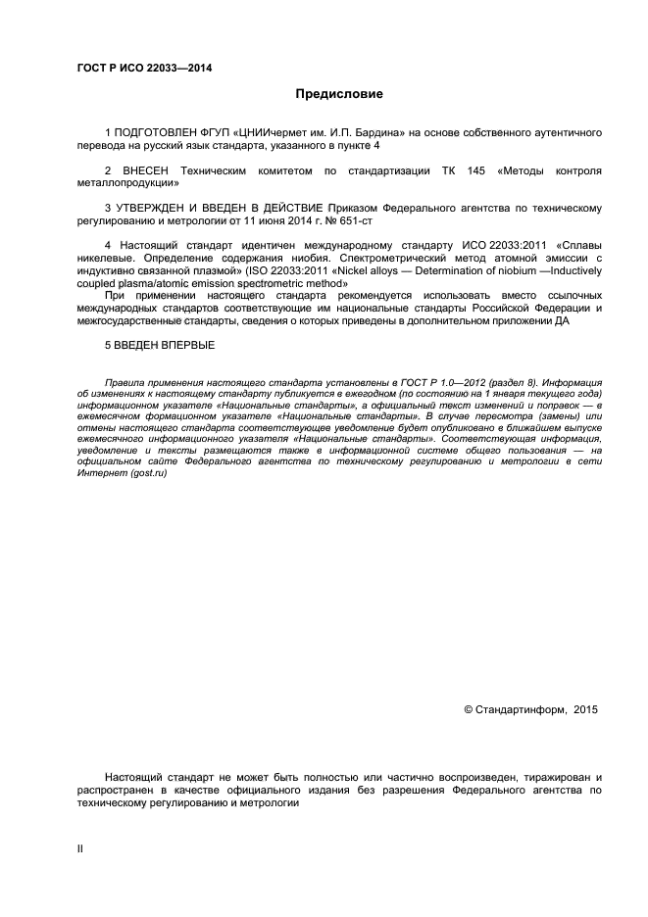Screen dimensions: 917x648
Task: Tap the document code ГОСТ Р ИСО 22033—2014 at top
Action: [x=144, y=68]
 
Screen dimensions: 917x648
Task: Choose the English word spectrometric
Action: [x=270, y=284]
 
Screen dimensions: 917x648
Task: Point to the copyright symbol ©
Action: [x=468, y=708]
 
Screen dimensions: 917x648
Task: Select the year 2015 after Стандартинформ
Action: [x=585, y=708]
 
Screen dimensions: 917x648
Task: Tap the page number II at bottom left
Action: [x=80, y=849]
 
